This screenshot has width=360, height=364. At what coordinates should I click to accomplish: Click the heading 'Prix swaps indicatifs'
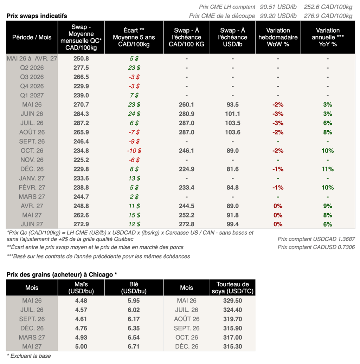tap(37, 16)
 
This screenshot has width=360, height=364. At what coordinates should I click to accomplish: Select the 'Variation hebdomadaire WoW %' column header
tap(278, 37)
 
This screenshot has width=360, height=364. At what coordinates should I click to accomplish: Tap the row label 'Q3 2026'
tap(32, 77)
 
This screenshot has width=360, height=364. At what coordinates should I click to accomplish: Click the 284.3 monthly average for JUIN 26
tap(81, 114)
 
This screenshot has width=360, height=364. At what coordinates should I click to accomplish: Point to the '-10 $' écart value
tap(134, 150)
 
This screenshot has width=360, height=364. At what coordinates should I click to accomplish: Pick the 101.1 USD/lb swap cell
tap(233, 114)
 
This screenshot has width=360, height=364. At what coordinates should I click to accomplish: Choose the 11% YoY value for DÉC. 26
tap(328, 169)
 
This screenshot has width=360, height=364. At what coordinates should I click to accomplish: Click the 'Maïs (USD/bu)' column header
tap(81, 287)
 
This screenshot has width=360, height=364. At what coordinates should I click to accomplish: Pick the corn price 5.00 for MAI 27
tap(81, 346)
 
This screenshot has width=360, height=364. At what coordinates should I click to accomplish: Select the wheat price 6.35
tap(134, 328)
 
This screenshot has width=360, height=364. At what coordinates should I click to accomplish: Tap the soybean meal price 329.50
tap(233, 301)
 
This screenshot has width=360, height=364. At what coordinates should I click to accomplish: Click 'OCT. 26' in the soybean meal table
tap(186, 337)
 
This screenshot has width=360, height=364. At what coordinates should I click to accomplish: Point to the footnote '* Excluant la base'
tap(28, 356)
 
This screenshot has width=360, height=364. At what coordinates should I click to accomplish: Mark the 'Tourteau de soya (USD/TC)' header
tap(233, 287)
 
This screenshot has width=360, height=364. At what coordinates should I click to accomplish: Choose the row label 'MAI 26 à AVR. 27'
tap(32, 59)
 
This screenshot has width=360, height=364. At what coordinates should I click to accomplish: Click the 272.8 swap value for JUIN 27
tap(186, 224)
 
